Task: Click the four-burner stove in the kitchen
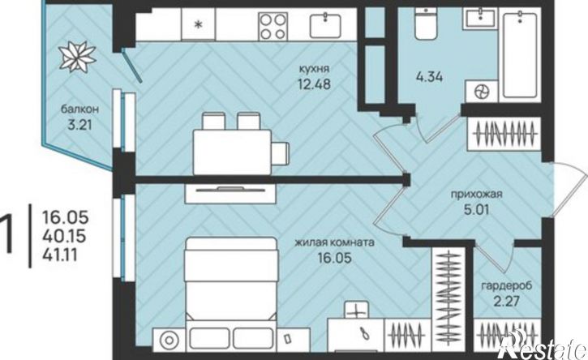tap(273, 26)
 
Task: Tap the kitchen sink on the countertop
tap(325, 25)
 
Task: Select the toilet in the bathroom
tap(427, 24)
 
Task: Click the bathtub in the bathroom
tap(520, 55)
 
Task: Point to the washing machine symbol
tap(482, 91)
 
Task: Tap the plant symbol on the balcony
tap(78, 57)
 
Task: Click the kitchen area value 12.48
tap(314, 84)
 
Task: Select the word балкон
tap(79, 109)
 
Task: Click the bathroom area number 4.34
tap(429, 77)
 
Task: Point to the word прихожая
tap(476, 195)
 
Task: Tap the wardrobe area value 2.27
tap(507, 301)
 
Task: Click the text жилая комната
tap(334, 242)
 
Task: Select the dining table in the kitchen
tap(232, 152)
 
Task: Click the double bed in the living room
tap(231, 285)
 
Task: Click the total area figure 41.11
tap(60, 255)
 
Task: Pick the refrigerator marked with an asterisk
tap(199, 24)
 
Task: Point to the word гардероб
tap(507, 285)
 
